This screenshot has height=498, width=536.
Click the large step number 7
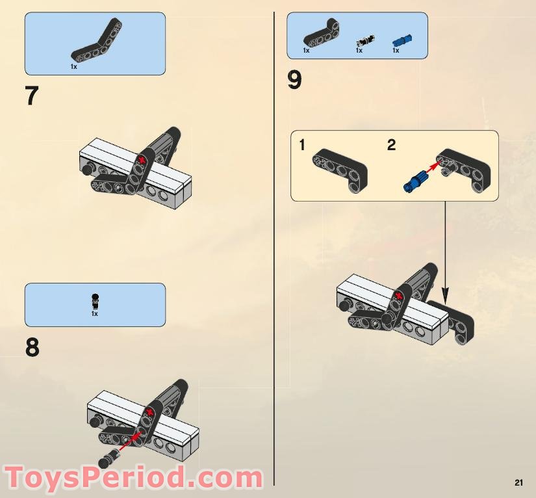[32, 96]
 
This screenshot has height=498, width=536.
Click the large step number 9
[294, 81]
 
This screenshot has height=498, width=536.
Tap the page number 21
[518, 482]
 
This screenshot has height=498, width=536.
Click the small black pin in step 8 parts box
[95, 300]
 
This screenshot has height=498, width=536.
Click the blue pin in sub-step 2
[413, 180]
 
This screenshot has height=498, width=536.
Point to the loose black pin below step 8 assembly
[107, 460]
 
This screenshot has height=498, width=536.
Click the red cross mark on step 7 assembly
[142, 159]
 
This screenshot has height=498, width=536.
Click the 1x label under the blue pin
[396, 51]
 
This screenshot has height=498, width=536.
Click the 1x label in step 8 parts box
[95, 314]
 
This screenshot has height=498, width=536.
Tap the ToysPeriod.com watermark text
[133, 478]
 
